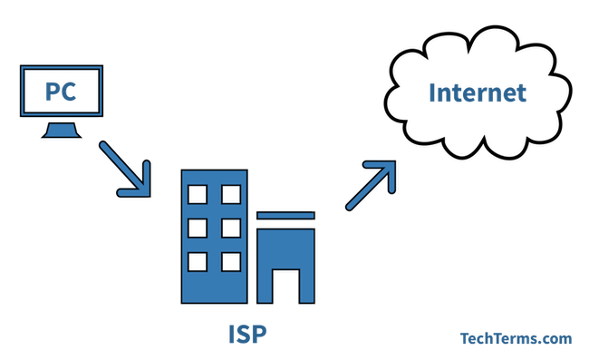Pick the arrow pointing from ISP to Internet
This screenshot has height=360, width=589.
pos(372,186)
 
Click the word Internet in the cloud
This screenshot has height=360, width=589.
pos(478,92)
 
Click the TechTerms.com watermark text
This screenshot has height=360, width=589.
pos(514,338)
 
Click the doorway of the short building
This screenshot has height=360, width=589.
pos(286,284)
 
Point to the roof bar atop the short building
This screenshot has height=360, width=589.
pos(285,214)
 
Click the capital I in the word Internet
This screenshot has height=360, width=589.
pos(431,92)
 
